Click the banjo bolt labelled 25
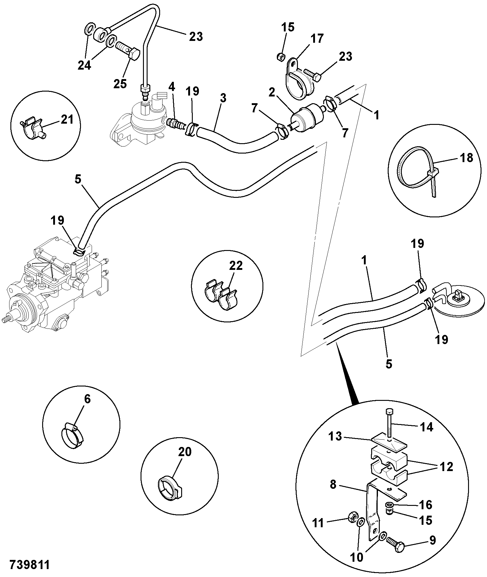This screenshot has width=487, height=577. tap(128, 52)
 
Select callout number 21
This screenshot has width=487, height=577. tap(67, 119)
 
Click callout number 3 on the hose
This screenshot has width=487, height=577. tap(223, 98)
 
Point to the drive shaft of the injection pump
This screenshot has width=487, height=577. tap(7, 319)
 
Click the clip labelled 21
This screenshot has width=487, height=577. tap(33, 128)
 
